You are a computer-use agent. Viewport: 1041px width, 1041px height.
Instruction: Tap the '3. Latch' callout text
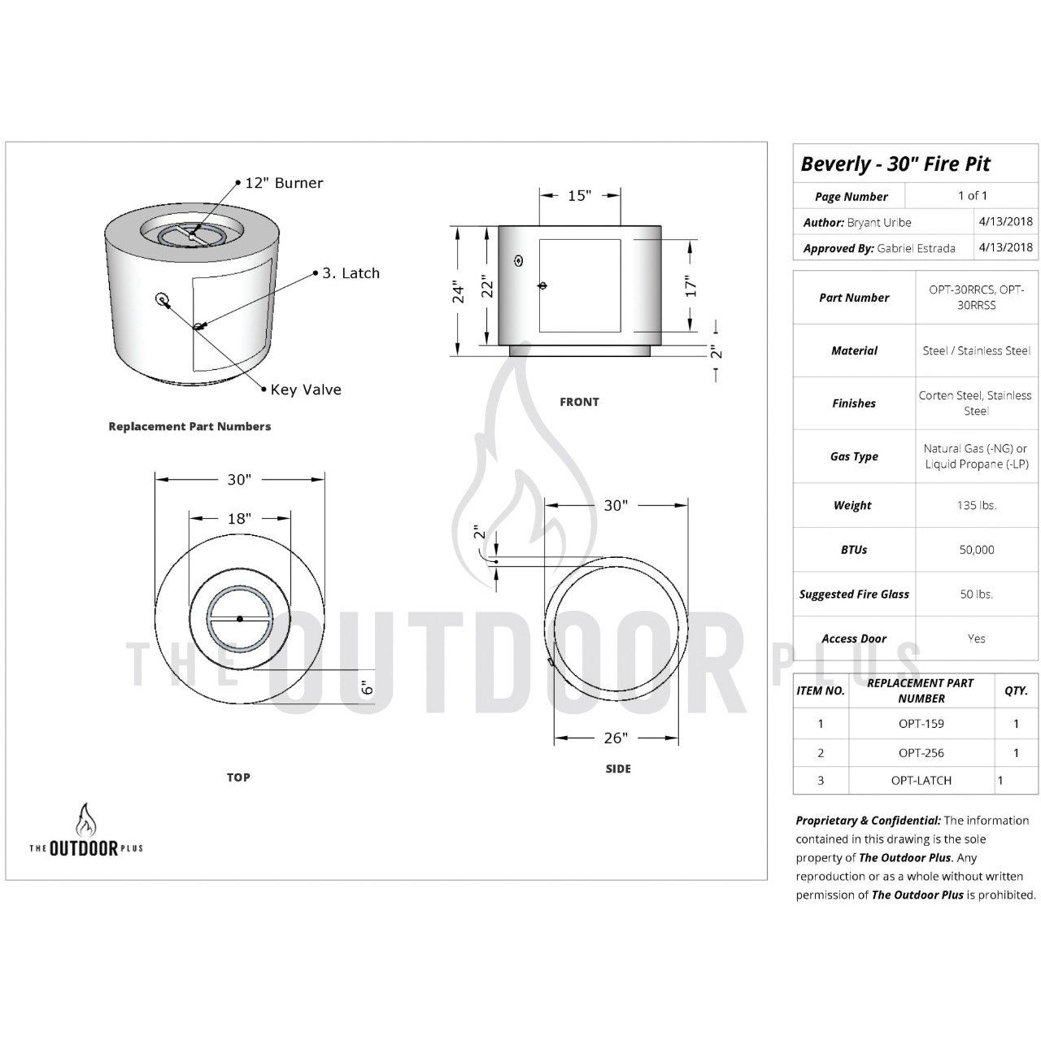(351, 273)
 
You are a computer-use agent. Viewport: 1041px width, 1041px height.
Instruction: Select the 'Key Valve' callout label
(306, 390)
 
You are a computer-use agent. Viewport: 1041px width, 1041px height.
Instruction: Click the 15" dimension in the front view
(579, 195)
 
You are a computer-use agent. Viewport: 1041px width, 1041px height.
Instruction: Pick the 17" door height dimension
(690, 286)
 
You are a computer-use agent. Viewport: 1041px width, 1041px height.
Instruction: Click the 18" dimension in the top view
(239, 518)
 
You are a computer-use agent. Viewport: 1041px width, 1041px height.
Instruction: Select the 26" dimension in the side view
(616, 738)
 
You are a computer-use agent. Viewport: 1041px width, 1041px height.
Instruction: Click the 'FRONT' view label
(579, 402)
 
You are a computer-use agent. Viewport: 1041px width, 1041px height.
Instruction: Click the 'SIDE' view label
(618, 769)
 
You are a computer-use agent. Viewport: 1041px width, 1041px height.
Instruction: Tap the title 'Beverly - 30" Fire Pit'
(895, 163)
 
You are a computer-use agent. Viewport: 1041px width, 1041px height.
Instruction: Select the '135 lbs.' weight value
(976, 505)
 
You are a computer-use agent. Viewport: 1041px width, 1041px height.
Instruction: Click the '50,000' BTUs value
(976, 550)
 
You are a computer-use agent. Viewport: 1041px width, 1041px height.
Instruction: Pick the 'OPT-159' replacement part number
(921, 724)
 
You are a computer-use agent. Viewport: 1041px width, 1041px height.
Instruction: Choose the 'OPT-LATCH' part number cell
(921, 780)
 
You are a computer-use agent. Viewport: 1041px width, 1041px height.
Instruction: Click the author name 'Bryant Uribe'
(879, 222)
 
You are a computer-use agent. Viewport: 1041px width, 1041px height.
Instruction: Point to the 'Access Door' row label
(854, 638)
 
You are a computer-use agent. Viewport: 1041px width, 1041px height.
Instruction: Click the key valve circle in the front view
(519, 260)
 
